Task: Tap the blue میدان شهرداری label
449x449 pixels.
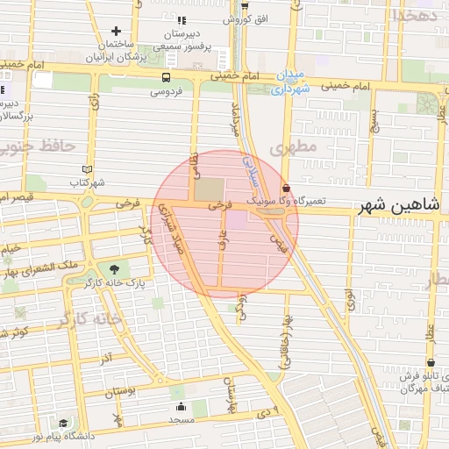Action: coord(290,82)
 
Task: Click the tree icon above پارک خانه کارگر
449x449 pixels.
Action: coord(112,268)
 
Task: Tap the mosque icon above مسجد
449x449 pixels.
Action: coord(182,406)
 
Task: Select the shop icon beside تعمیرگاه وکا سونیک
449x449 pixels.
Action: coord(287,188)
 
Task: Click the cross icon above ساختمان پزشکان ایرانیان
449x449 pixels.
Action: coord(115,31)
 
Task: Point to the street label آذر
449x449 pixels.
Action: coord(105,359)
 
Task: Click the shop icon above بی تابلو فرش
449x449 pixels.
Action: coord(431,362)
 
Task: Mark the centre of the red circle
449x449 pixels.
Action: coord(224,224)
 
